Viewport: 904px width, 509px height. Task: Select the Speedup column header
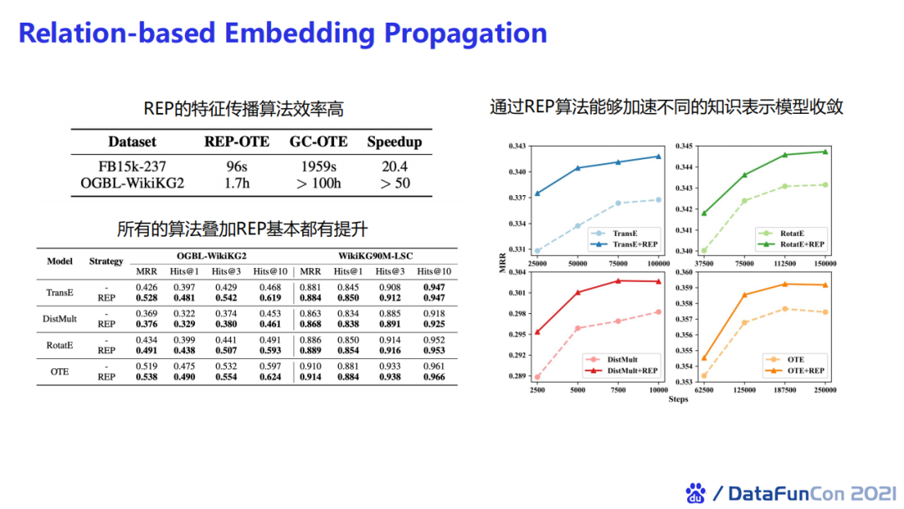(394, 141)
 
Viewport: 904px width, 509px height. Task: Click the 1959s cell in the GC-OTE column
(319, 167)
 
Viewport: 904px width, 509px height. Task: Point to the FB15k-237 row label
(131, 167)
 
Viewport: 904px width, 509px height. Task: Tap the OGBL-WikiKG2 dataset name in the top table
(132, 183)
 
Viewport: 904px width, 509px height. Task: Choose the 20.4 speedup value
(394, 167)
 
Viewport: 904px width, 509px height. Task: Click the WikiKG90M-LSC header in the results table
(375, 254)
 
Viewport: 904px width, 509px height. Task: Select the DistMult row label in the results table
(59, 319)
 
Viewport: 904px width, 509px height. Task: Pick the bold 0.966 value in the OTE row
(434, 377)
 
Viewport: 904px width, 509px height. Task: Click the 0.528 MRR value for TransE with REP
(146, 297)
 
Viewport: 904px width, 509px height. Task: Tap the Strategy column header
(106, 261)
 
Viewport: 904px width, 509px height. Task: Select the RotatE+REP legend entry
(802, 244)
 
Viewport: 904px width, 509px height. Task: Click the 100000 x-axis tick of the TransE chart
(659, 263)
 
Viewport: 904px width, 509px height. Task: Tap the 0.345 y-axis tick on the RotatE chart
(685, 147)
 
